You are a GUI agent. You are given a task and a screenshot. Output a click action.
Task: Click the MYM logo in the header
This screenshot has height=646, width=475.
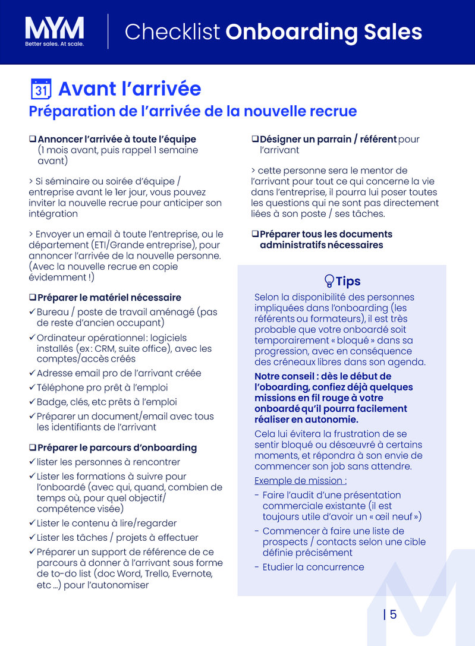point(54,28)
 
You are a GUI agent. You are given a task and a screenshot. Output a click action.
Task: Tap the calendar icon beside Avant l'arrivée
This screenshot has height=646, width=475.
point(40,89)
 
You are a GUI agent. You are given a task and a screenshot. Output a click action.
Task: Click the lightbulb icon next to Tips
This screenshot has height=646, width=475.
point(329,281)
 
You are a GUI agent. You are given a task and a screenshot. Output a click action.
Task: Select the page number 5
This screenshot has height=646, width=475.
point(394,615)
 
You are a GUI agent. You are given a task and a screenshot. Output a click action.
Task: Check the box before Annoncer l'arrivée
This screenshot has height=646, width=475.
point(33,139)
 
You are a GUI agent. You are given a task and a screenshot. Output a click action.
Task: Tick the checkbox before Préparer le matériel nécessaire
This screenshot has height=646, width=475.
point(33,297)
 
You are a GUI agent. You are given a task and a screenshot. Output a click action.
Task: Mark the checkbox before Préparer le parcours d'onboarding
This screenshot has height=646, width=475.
point(33,448)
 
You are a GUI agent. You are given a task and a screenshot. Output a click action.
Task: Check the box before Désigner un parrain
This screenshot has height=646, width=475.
point(255,139)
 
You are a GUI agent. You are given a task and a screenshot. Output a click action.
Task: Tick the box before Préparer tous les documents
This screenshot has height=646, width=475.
point(255,234)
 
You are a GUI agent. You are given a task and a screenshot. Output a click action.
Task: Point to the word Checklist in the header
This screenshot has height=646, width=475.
point(172,31)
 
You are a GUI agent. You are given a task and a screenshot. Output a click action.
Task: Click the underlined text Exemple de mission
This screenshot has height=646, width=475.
point(300,481)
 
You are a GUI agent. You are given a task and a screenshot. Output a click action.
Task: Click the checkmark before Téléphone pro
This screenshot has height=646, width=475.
point(32,387)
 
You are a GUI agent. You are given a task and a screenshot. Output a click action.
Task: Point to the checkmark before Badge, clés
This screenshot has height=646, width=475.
point(32,402)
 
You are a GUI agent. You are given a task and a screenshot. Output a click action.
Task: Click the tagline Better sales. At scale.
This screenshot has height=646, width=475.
point(54,44)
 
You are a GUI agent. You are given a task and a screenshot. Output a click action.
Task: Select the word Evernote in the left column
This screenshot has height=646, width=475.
point(192,573)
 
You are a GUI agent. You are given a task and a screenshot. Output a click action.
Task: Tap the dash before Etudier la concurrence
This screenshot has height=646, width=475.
point(256,567)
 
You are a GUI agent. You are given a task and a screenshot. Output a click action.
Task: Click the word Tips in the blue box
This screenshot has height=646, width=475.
point(348,281)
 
